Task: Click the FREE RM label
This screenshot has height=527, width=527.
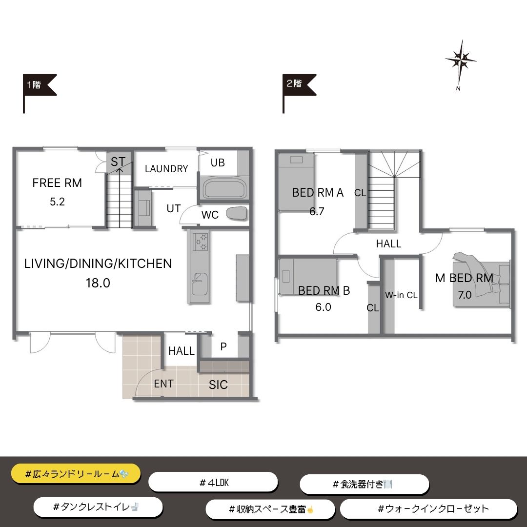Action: coord(57,183)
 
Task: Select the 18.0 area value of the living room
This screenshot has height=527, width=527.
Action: coord(98,283)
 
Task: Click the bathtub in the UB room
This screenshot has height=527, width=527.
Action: coord(224,190)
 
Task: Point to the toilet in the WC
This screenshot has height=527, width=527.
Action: coord(237,214)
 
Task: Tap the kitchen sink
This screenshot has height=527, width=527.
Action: coord(199,284)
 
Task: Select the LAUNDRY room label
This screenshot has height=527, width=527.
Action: coord(166,169)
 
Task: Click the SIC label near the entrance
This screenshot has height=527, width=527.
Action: coord(218,385)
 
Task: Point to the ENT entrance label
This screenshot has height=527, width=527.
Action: coord(163,384)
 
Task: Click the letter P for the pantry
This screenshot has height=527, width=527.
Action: coord(223,346)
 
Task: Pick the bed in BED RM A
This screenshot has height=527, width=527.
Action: coord(296,182)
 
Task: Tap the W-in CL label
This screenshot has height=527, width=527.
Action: coord(401,295)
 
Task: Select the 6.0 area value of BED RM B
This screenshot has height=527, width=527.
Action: coord(324,307)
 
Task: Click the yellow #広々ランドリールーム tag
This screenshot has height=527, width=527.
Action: coord(76,474)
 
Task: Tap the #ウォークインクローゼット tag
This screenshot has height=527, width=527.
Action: coord(428,509)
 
